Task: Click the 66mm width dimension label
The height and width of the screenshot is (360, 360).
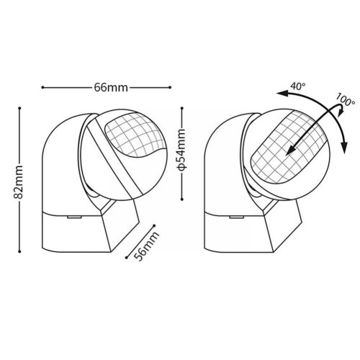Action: (111, 87)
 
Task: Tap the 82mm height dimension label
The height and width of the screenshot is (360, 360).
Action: (18, 182)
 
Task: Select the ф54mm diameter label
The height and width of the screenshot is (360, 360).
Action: (181, 150)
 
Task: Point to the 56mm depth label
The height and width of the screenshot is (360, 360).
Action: (146, 246)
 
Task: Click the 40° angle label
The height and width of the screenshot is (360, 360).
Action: (298, 86)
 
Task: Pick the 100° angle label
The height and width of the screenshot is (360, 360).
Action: (345, 99)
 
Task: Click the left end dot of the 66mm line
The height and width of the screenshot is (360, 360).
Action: (42, 87)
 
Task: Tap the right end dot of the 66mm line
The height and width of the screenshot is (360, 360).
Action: (170, 87)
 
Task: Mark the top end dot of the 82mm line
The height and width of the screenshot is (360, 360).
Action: (19, 108)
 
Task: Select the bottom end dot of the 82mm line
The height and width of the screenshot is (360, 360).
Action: (19, 251)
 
